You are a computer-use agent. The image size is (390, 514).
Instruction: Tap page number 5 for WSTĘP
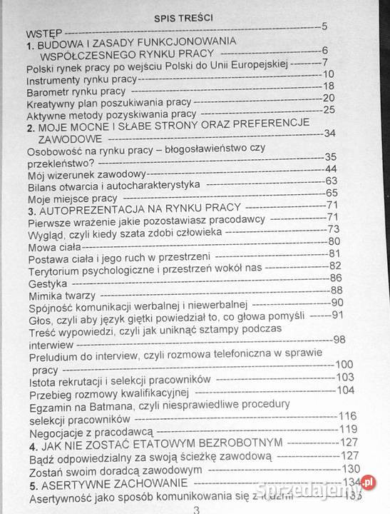(x=324, y=27)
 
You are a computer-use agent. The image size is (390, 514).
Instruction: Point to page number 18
(x=328, y=84)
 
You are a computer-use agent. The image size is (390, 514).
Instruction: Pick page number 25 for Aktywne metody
(x=329, y=109)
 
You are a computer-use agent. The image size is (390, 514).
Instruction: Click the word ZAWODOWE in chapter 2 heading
(x=71, y=138)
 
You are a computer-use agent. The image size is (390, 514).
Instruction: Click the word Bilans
(x=42, y=186)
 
